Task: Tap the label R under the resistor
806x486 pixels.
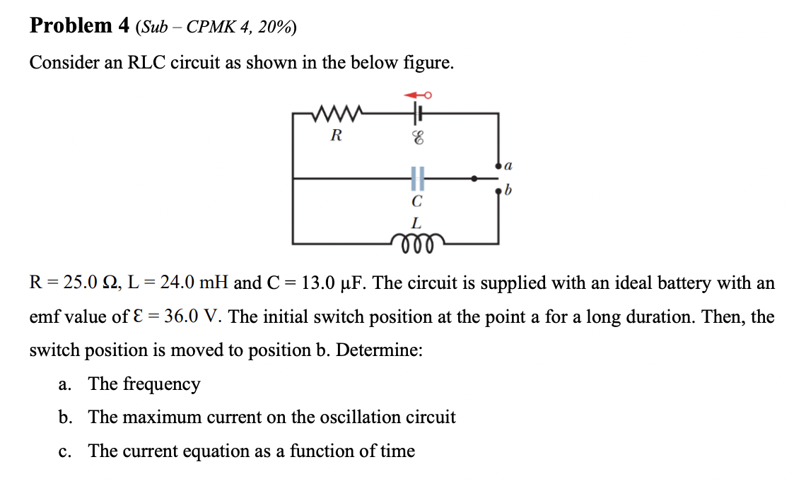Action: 337,135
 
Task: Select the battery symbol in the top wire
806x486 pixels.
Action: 419,112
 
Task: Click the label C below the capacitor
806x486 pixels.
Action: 418,201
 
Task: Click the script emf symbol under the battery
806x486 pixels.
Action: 418,140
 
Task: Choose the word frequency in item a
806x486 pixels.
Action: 161,384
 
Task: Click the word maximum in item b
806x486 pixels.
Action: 161,417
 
